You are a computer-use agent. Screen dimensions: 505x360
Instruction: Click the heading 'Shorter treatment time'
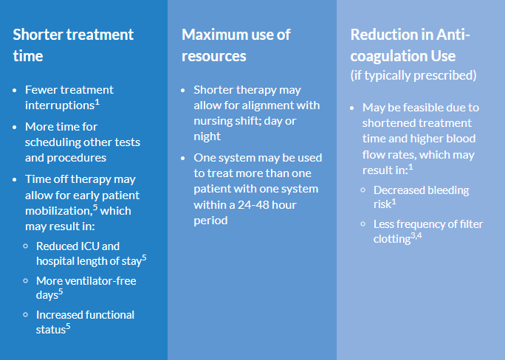tap(73, 45)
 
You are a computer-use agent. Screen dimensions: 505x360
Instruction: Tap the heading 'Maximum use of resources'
tap(236, 45)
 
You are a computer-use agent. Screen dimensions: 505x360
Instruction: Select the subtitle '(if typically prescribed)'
tap(413, 75)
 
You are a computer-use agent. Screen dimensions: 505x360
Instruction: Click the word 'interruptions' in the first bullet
tap(60, 105)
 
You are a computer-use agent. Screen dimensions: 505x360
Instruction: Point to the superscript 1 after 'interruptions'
tap(97, 103)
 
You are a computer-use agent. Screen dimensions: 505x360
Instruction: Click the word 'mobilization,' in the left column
tap(59, 211)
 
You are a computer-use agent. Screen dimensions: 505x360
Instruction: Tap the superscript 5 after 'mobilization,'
tap(95, 207)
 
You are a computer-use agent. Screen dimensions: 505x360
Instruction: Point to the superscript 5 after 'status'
tap(68, 326)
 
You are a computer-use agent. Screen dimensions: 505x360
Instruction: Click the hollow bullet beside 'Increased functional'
tap(26, 315)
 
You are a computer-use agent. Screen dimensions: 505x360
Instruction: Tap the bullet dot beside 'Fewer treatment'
tap(15, 91)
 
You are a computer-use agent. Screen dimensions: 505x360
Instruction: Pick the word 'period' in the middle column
tap(210, 221)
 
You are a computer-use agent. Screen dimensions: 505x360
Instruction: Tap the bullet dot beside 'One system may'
tap(183, 159)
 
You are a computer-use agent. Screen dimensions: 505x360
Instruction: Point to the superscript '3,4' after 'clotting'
tap(416, 236)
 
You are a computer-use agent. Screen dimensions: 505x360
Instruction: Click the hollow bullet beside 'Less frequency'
tap(363, 224)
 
